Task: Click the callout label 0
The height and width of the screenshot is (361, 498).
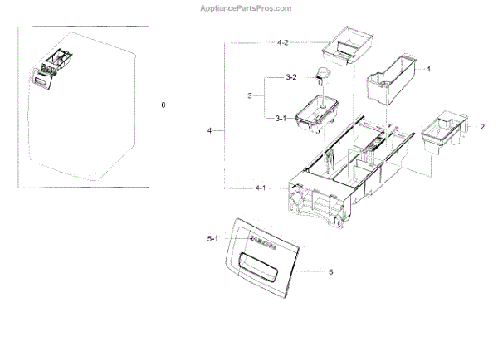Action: pos(164,105)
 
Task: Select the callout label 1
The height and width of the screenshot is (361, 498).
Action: pos(428,69)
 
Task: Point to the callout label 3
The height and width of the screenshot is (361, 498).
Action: pos(249,97)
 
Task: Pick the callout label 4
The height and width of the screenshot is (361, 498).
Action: pos(210,130)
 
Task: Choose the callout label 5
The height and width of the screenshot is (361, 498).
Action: pos(330,271)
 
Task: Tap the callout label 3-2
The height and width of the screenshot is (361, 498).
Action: pos(290,77)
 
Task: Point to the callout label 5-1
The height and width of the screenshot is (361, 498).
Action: pos(212,239)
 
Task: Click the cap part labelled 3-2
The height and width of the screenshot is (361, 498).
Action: pos(321,77)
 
